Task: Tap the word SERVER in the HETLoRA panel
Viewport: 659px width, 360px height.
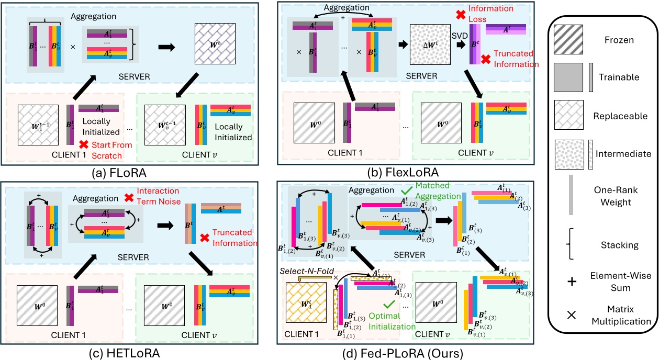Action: [133, 257]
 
